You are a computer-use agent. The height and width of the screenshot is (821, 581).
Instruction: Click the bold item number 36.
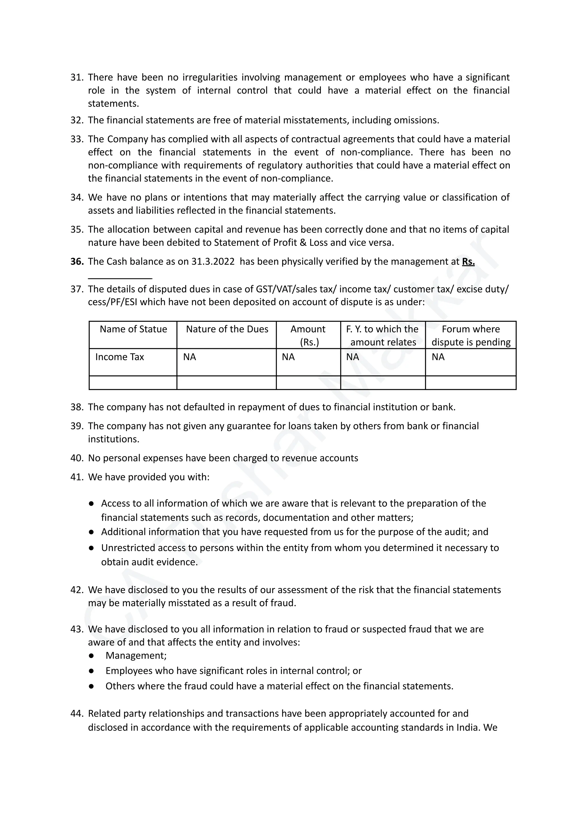coord(77,262)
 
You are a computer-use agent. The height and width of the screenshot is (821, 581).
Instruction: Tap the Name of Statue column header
coord(133,329)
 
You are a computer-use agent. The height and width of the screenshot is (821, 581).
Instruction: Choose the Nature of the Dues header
coord(227,329)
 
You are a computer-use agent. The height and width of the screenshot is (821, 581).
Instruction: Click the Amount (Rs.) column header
coord(308,335)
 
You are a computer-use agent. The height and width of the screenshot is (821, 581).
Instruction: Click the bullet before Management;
coord(91,655)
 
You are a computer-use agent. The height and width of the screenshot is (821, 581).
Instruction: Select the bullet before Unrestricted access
coord(91,548)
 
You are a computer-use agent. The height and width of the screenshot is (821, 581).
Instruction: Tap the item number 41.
coord(77,477)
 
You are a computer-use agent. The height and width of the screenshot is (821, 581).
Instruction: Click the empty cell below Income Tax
coord(133,383)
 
